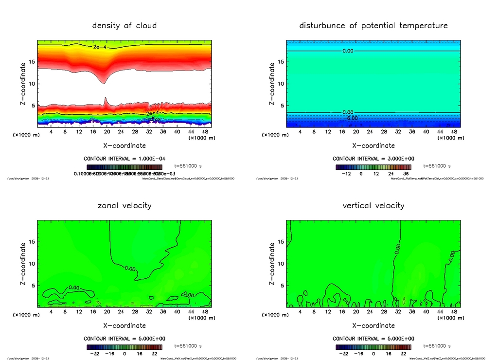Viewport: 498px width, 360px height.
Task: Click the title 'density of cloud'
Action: point(124,25)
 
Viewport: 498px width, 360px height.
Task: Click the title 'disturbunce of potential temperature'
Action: point(373,25)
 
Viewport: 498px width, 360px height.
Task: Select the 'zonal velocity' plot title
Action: point(124,205)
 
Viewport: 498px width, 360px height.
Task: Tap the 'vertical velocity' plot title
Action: point(373,205)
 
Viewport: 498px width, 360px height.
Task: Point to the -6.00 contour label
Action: point(351,118)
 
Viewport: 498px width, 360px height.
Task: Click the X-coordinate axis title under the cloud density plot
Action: point(124,145)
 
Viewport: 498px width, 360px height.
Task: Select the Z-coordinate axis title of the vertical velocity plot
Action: point(272,264)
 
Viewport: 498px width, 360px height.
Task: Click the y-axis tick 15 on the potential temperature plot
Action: point(281,62)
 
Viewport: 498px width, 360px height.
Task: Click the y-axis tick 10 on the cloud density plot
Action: point(32,84)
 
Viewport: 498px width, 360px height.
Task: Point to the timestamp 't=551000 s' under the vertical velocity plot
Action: point(438,346)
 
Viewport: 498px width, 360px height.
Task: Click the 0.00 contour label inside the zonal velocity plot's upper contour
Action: point(130,268)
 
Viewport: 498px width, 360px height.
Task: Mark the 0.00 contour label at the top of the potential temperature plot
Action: point(348,51)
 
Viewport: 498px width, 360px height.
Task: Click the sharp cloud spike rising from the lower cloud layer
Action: point(106,101)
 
